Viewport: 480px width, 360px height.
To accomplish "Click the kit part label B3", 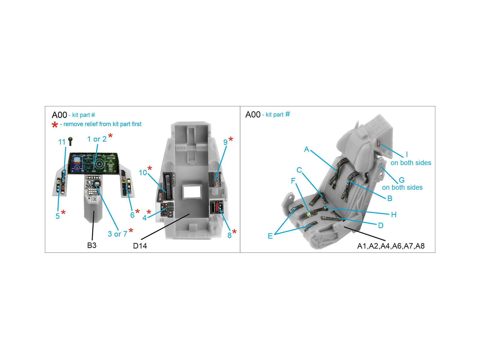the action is [x=91, y=245].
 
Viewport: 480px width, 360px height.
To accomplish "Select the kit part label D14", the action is [x=140, y=246].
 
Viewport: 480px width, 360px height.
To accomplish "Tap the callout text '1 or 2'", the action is [x=97, y=139].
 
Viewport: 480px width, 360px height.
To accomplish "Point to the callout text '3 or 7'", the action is [x=117, y=234].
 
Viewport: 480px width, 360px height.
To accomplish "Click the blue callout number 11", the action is [x=62, y=142].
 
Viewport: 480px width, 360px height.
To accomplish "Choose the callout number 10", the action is [x=142, y=173].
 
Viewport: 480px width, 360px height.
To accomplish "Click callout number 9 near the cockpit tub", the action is [x=225, y=142].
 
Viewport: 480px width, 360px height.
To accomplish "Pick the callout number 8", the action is [x=229, y=235].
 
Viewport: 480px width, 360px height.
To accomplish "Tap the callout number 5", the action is [x=58, y=216].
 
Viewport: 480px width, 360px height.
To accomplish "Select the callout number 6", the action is [x=132, y=215].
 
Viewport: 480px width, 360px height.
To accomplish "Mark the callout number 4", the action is [x=145, y=218].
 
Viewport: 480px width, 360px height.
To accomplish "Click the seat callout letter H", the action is [x=394, y=214].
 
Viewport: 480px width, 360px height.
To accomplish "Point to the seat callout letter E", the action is [x=270, y=236].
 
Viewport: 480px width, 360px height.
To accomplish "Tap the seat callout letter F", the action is [x=293, y=181].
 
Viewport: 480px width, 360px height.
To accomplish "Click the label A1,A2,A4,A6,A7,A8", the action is [x=391, y=246].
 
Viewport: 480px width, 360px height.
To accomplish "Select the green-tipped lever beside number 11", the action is [x=70, y=141].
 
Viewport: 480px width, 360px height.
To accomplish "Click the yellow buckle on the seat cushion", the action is [x=309, y=214].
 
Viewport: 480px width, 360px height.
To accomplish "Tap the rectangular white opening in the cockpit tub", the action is [x=192, y=192].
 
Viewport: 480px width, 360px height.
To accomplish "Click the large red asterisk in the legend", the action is [x=55, y=125].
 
